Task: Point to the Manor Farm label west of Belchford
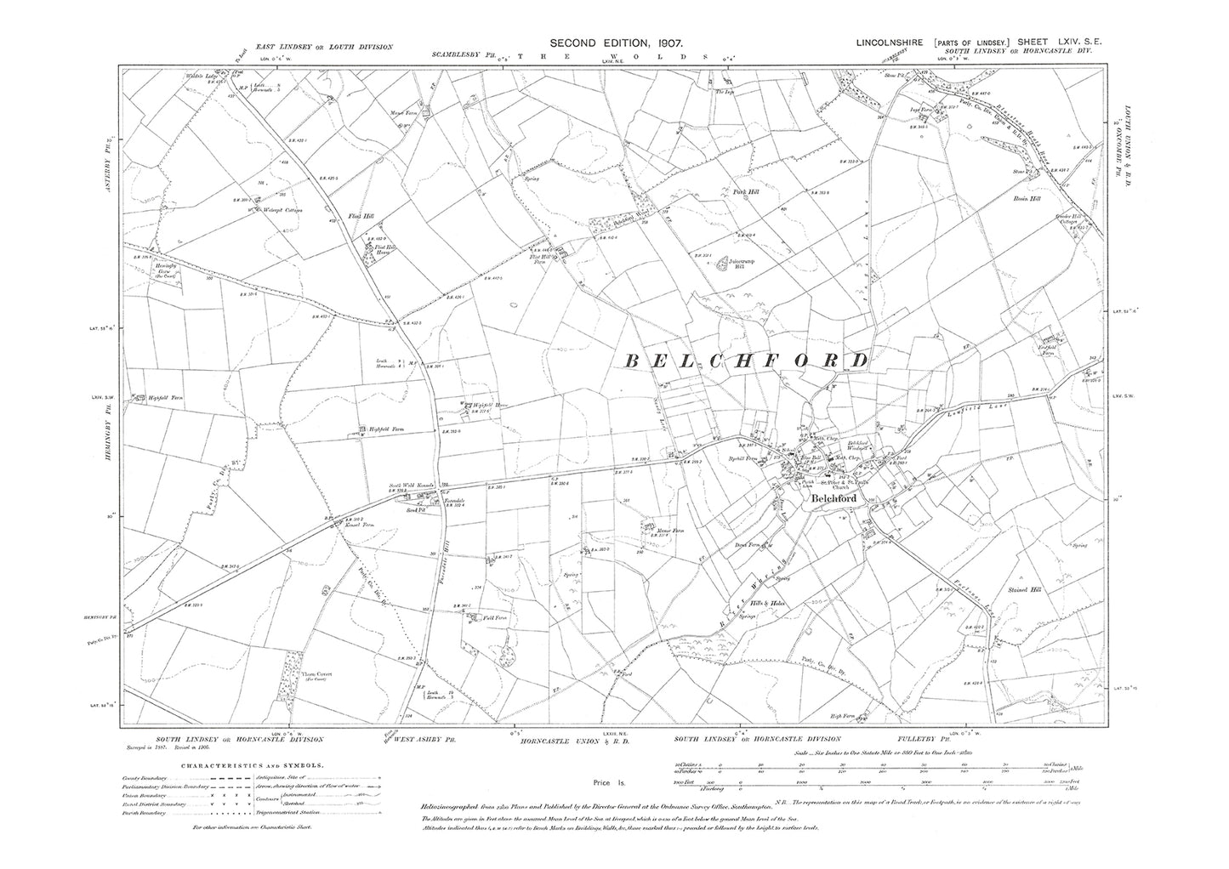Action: point(670,531)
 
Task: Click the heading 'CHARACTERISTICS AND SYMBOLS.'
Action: point(244,764)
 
